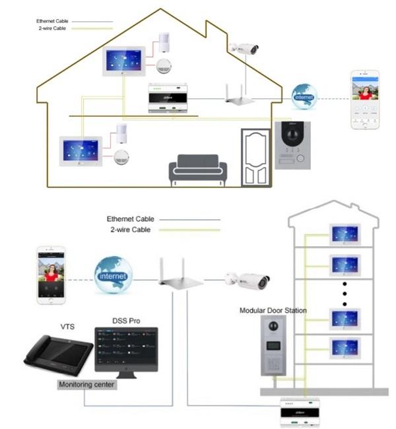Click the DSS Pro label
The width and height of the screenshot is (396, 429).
(x=126, y=321)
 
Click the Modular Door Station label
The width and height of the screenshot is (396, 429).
(x=274, y=310)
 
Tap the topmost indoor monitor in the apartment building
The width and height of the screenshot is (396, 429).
(x=345, y=234)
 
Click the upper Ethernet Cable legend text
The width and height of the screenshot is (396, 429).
(x=52, y=21)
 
